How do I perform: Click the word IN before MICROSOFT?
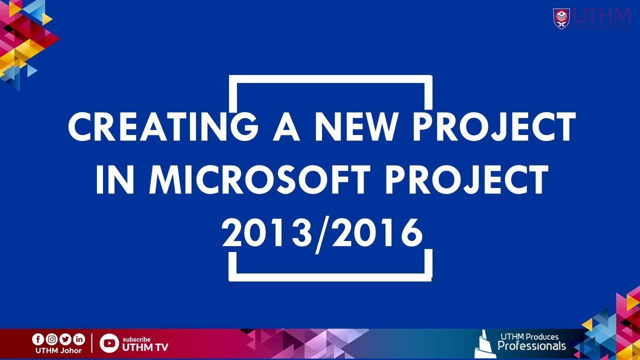(114, 179)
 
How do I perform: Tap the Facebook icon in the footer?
(38, 339)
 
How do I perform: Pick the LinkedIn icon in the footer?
(79, 339)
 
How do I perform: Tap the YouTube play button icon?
(109, 343)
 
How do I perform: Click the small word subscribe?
(136, 339)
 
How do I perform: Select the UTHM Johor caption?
(58, 350)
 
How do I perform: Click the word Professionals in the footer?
(531, 345)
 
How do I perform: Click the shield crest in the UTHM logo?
(561, 18)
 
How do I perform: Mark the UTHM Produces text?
(529, 336)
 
